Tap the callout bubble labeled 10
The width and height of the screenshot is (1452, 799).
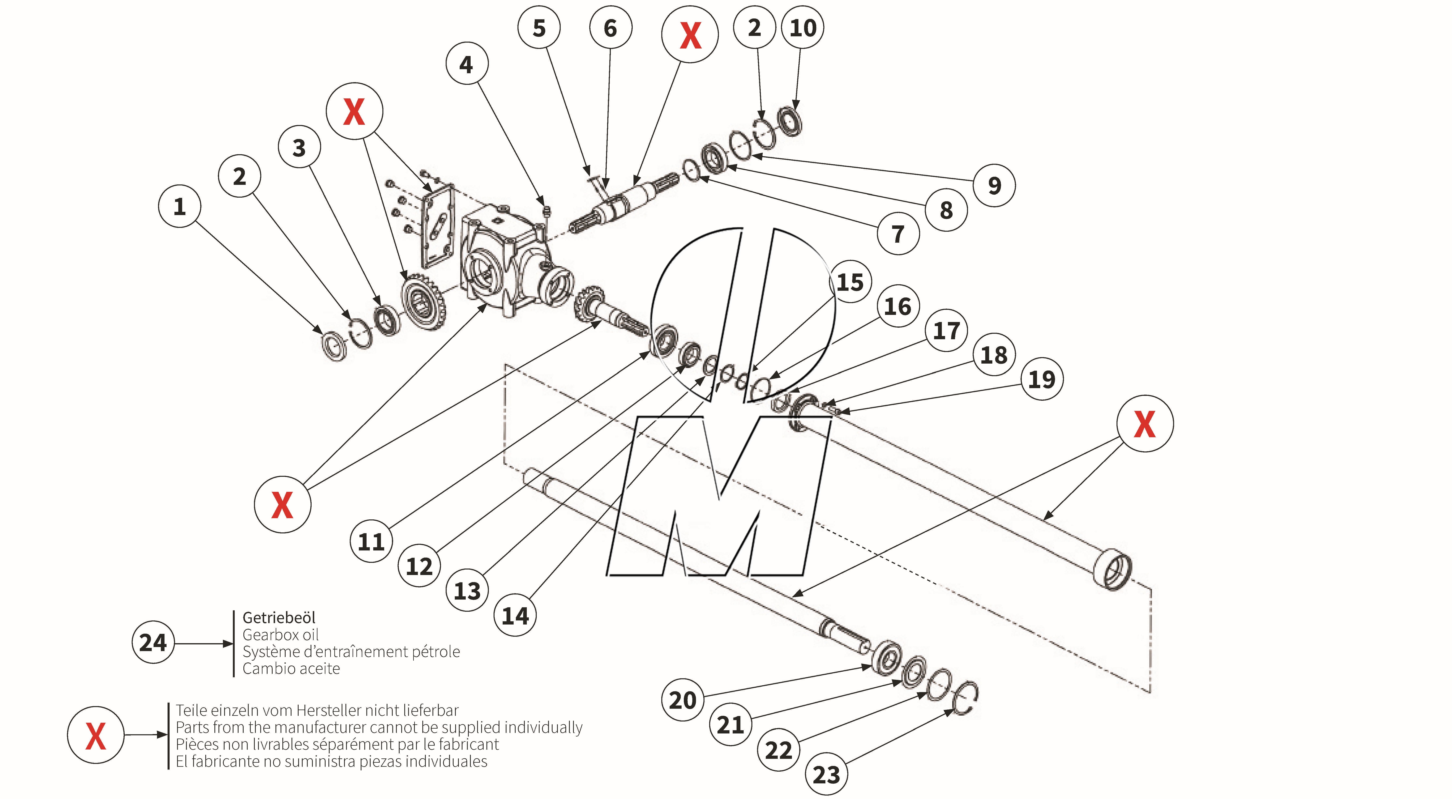(803, 28)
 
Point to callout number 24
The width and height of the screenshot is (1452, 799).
(153, 642)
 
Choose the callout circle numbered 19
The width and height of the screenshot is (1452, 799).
(1042, 379)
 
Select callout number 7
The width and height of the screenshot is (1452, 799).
(898, 234)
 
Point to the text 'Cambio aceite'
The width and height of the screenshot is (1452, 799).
(291, 669)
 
